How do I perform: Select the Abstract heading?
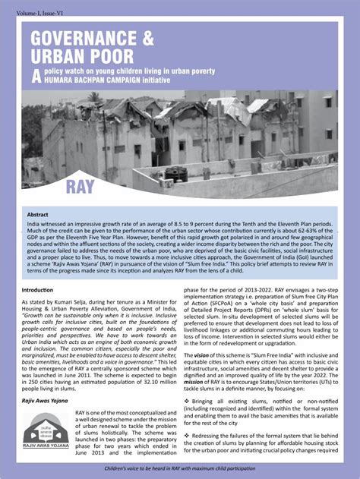(38, 215)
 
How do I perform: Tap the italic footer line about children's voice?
(179, 471)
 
